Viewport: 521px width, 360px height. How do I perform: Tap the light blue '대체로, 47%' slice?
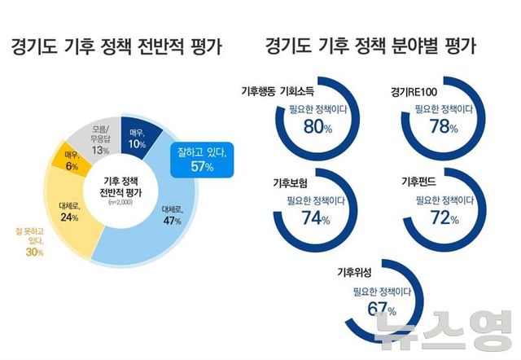(x=170, y=214)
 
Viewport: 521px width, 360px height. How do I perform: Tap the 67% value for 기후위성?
(x=381, y=309)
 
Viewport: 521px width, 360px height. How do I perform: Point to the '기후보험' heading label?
(x=287, y=182)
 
